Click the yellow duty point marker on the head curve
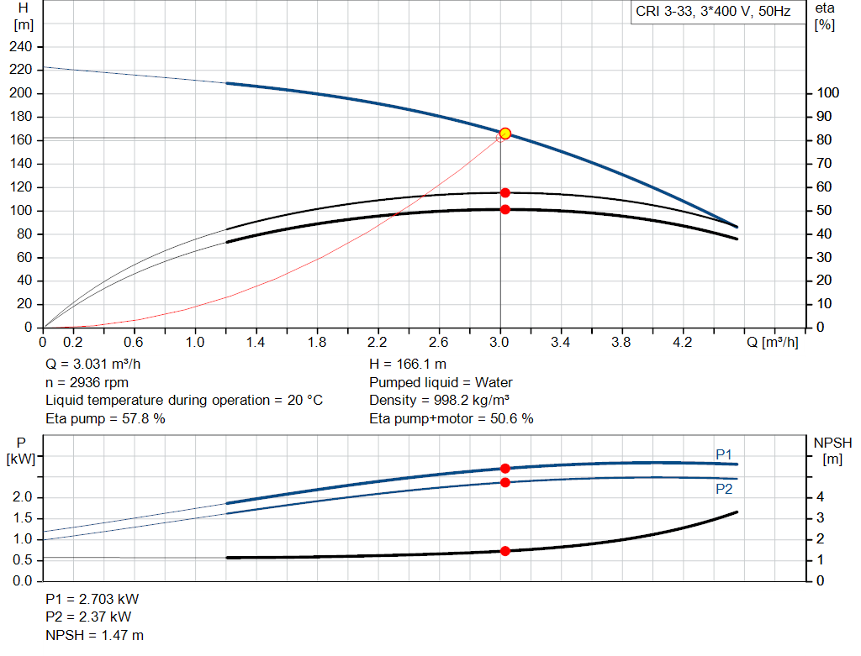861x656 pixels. click(505, 134)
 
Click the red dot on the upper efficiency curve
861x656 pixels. click(505, 192)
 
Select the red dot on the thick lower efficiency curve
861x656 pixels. click(505, 209)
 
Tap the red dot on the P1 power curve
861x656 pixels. click(505, 468)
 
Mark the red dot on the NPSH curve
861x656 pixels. click(505, 551)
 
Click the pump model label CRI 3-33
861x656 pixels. click(712, 13)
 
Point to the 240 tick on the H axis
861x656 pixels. click(21, 46)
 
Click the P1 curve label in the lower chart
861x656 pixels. click(724, 454)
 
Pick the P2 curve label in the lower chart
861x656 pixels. click(724, 488)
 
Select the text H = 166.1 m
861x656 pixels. click(408, 365)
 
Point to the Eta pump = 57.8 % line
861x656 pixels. click(105, 417)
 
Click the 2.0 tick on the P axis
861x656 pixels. click(21, 498)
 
